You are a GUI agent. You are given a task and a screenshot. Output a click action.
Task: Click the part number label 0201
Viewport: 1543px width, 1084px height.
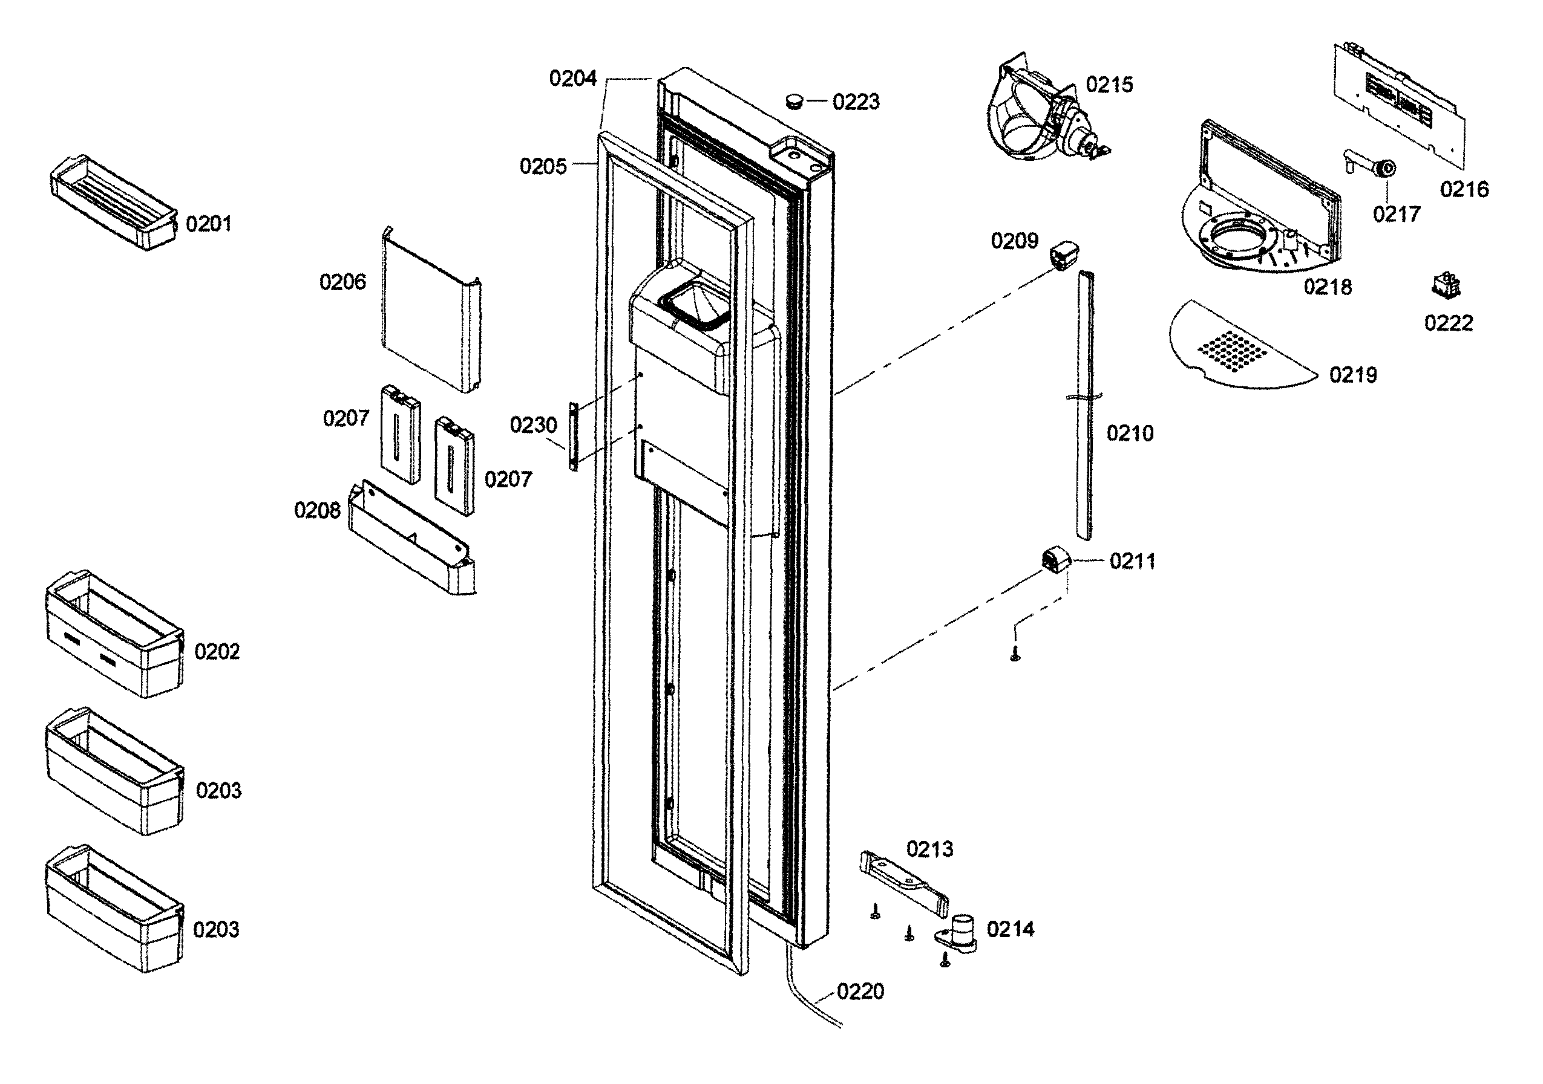pyautogui.click(x=208, y=224)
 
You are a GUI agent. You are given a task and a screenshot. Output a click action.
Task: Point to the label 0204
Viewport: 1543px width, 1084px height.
pyautogui.click(x=572, y=79)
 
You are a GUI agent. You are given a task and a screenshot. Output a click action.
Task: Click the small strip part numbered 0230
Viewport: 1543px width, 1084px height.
pyautogui.click(x=573, y=436)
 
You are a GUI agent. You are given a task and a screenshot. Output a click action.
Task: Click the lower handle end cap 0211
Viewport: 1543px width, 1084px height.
pyautogui.click(x=1055, y=559)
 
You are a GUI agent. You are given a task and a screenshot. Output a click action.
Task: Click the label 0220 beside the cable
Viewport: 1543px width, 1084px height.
pyautogui.click(x=860, y=992)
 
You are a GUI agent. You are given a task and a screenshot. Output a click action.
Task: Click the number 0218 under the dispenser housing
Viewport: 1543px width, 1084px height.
pyautogui.click(x=1327, y=287)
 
